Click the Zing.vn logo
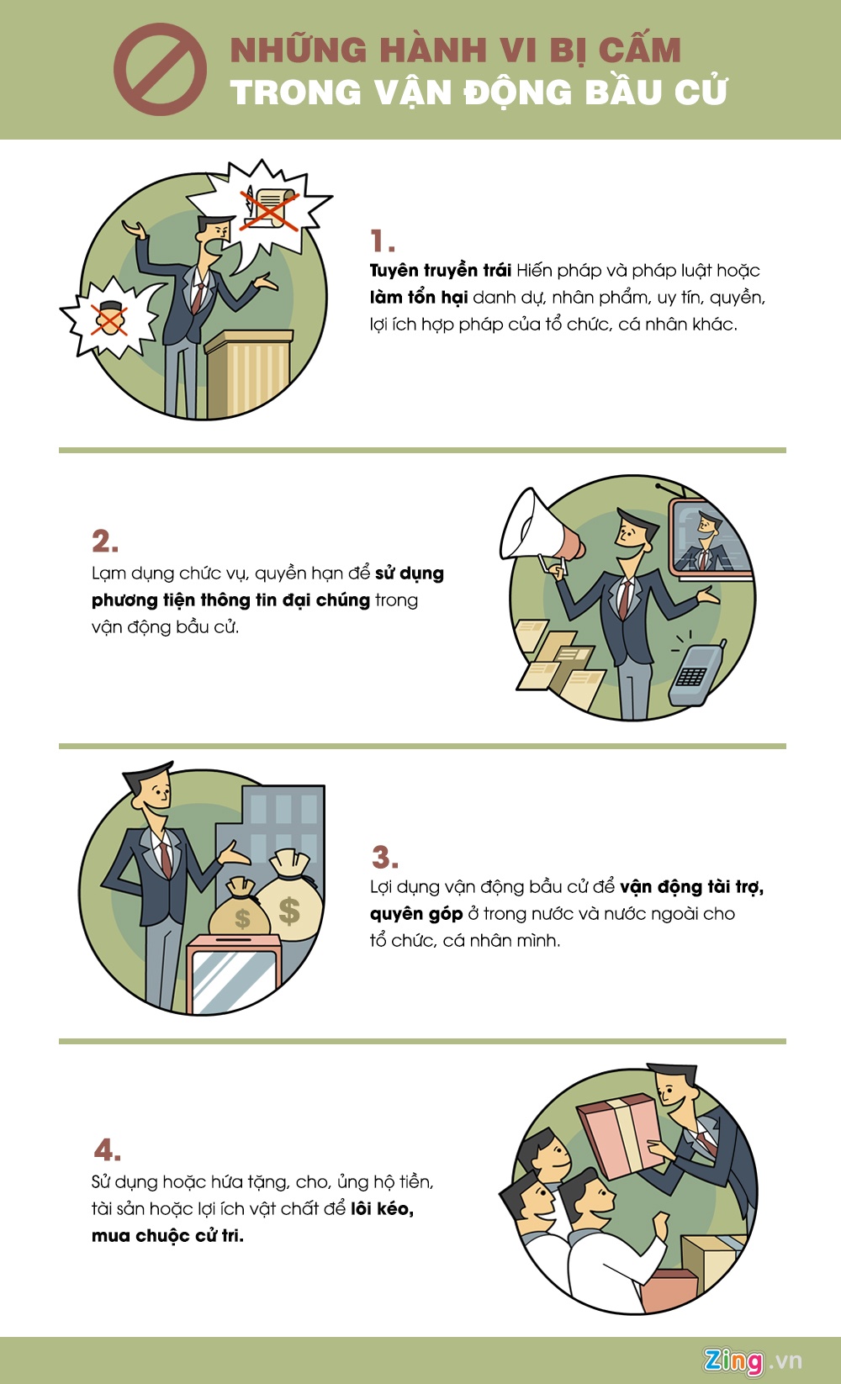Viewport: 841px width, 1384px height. click(753, 1360)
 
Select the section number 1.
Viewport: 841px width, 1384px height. click(383, 241)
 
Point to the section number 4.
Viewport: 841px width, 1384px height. click(107, 1150)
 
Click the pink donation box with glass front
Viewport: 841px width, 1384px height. click(234, 973)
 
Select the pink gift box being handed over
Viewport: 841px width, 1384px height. click(619, 1137)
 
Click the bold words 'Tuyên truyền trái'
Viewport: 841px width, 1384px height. click(441, 271)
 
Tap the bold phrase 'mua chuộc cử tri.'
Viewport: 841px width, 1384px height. click(167, 1236)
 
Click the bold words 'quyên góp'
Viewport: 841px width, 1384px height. click(415, 914)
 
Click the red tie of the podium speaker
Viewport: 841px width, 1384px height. click(198, 298)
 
